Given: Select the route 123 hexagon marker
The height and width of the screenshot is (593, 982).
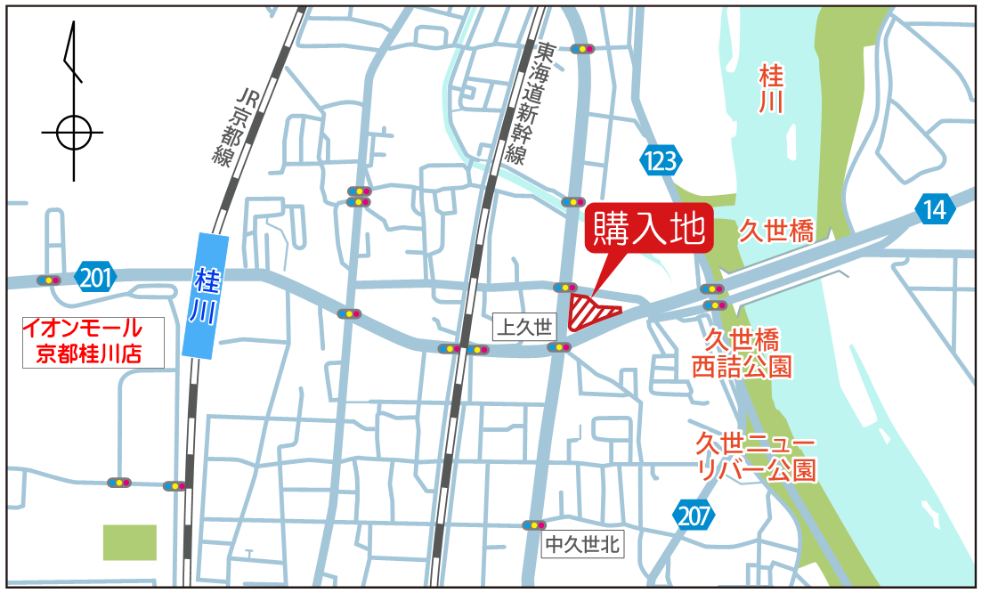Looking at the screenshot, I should click(x=661, y=161).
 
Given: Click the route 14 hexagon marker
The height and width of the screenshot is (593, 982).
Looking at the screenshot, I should click(x=934, y=210).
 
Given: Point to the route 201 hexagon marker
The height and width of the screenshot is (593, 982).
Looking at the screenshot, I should click(x=95, y=279).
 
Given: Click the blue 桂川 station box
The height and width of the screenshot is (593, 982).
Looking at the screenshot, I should click(x=204, y=294).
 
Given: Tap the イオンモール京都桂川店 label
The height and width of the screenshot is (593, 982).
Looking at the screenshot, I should click(x=93, y=342).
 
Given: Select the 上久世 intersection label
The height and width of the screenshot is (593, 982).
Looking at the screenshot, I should click(x=523, y=327).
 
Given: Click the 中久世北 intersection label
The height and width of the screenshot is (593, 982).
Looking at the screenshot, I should click(x=582, y=543).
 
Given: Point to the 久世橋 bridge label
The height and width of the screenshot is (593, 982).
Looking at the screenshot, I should click(x=776, y=232).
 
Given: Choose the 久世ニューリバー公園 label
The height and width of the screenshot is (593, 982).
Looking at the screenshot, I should click(x=756, y=457).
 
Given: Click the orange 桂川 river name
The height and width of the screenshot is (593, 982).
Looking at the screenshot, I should click(x=771, y=88).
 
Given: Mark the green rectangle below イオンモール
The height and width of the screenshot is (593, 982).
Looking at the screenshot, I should click(x=130, y=542).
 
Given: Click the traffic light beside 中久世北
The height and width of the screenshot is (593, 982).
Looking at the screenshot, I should click(x=534, y=525).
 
